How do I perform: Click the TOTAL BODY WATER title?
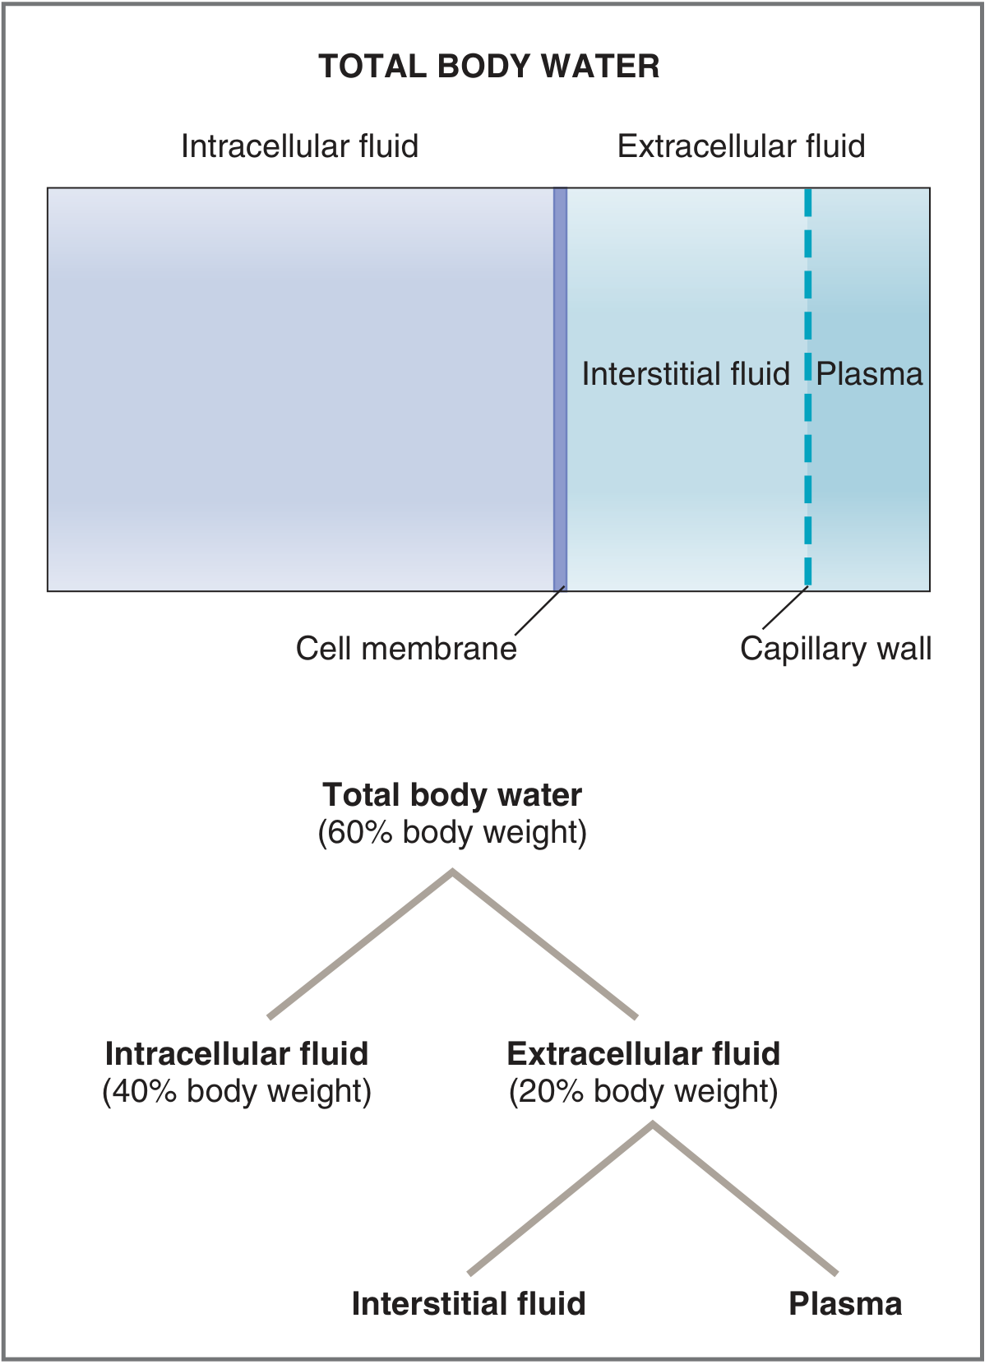pyautogui.click(x=488, y=67)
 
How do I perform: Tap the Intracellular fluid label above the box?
pyautogui.click(x=299, y=146)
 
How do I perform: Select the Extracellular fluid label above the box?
pyautogui.click(x=741, y=146)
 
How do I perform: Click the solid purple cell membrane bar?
pyautogui.click(x=560, y=386)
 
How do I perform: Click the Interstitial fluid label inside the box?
pyautogui.click(x=685, y=374)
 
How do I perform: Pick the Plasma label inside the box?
pyautogui.click(x=869, y=374)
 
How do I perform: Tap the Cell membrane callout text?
pyautogui.click(x=406, y=649)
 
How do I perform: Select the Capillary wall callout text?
pyautogui.click(x=835, y=649)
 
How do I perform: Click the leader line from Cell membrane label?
pyautogui.click(x=540, y=611)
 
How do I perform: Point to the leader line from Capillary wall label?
pyautogui.click(x=785, y=608)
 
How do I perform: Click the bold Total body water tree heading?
pyautogui.click(x=452, y=795)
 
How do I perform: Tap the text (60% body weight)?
pyautogui.click(x=452, y=832)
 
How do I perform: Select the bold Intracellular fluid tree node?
pyautogui.click(x=237, y=1054)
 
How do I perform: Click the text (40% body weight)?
pyautogui.click(x=237, y=1091)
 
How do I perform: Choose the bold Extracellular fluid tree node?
pyautogui.click(x=643, y=1054)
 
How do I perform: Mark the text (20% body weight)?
pyautogui.click(x=643, y=1091)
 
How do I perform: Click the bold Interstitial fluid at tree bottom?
pyautogui.click(x=469, y=1304)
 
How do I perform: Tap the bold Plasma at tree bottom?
pyautogui.click(x=845, y=1304)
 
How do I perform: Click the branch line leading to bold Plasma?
pyautogui.click(x=745, y=1199)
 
